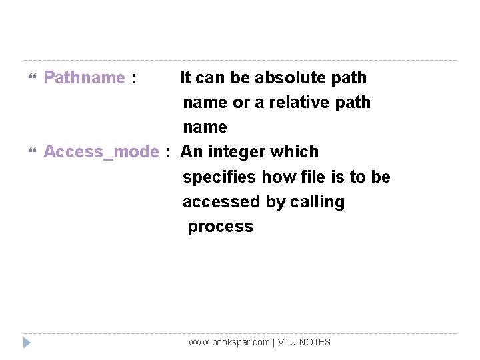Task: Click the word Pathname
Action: (x=84, y=78)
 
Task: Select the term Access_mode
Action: (x=101, y=152)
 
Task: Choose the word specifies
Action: (x=220, y=177)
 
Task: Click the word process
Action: (x=220, y=227)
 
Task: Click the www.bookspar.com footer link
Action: (x=229, y=342)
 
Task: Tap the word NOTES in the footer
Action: (x=315, y=342)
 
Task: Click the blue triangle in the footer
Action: (x=27, y=343)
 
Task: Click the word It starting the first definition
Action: (x=186, y=78)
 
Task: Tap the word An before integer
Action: (x=191, y=152)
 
